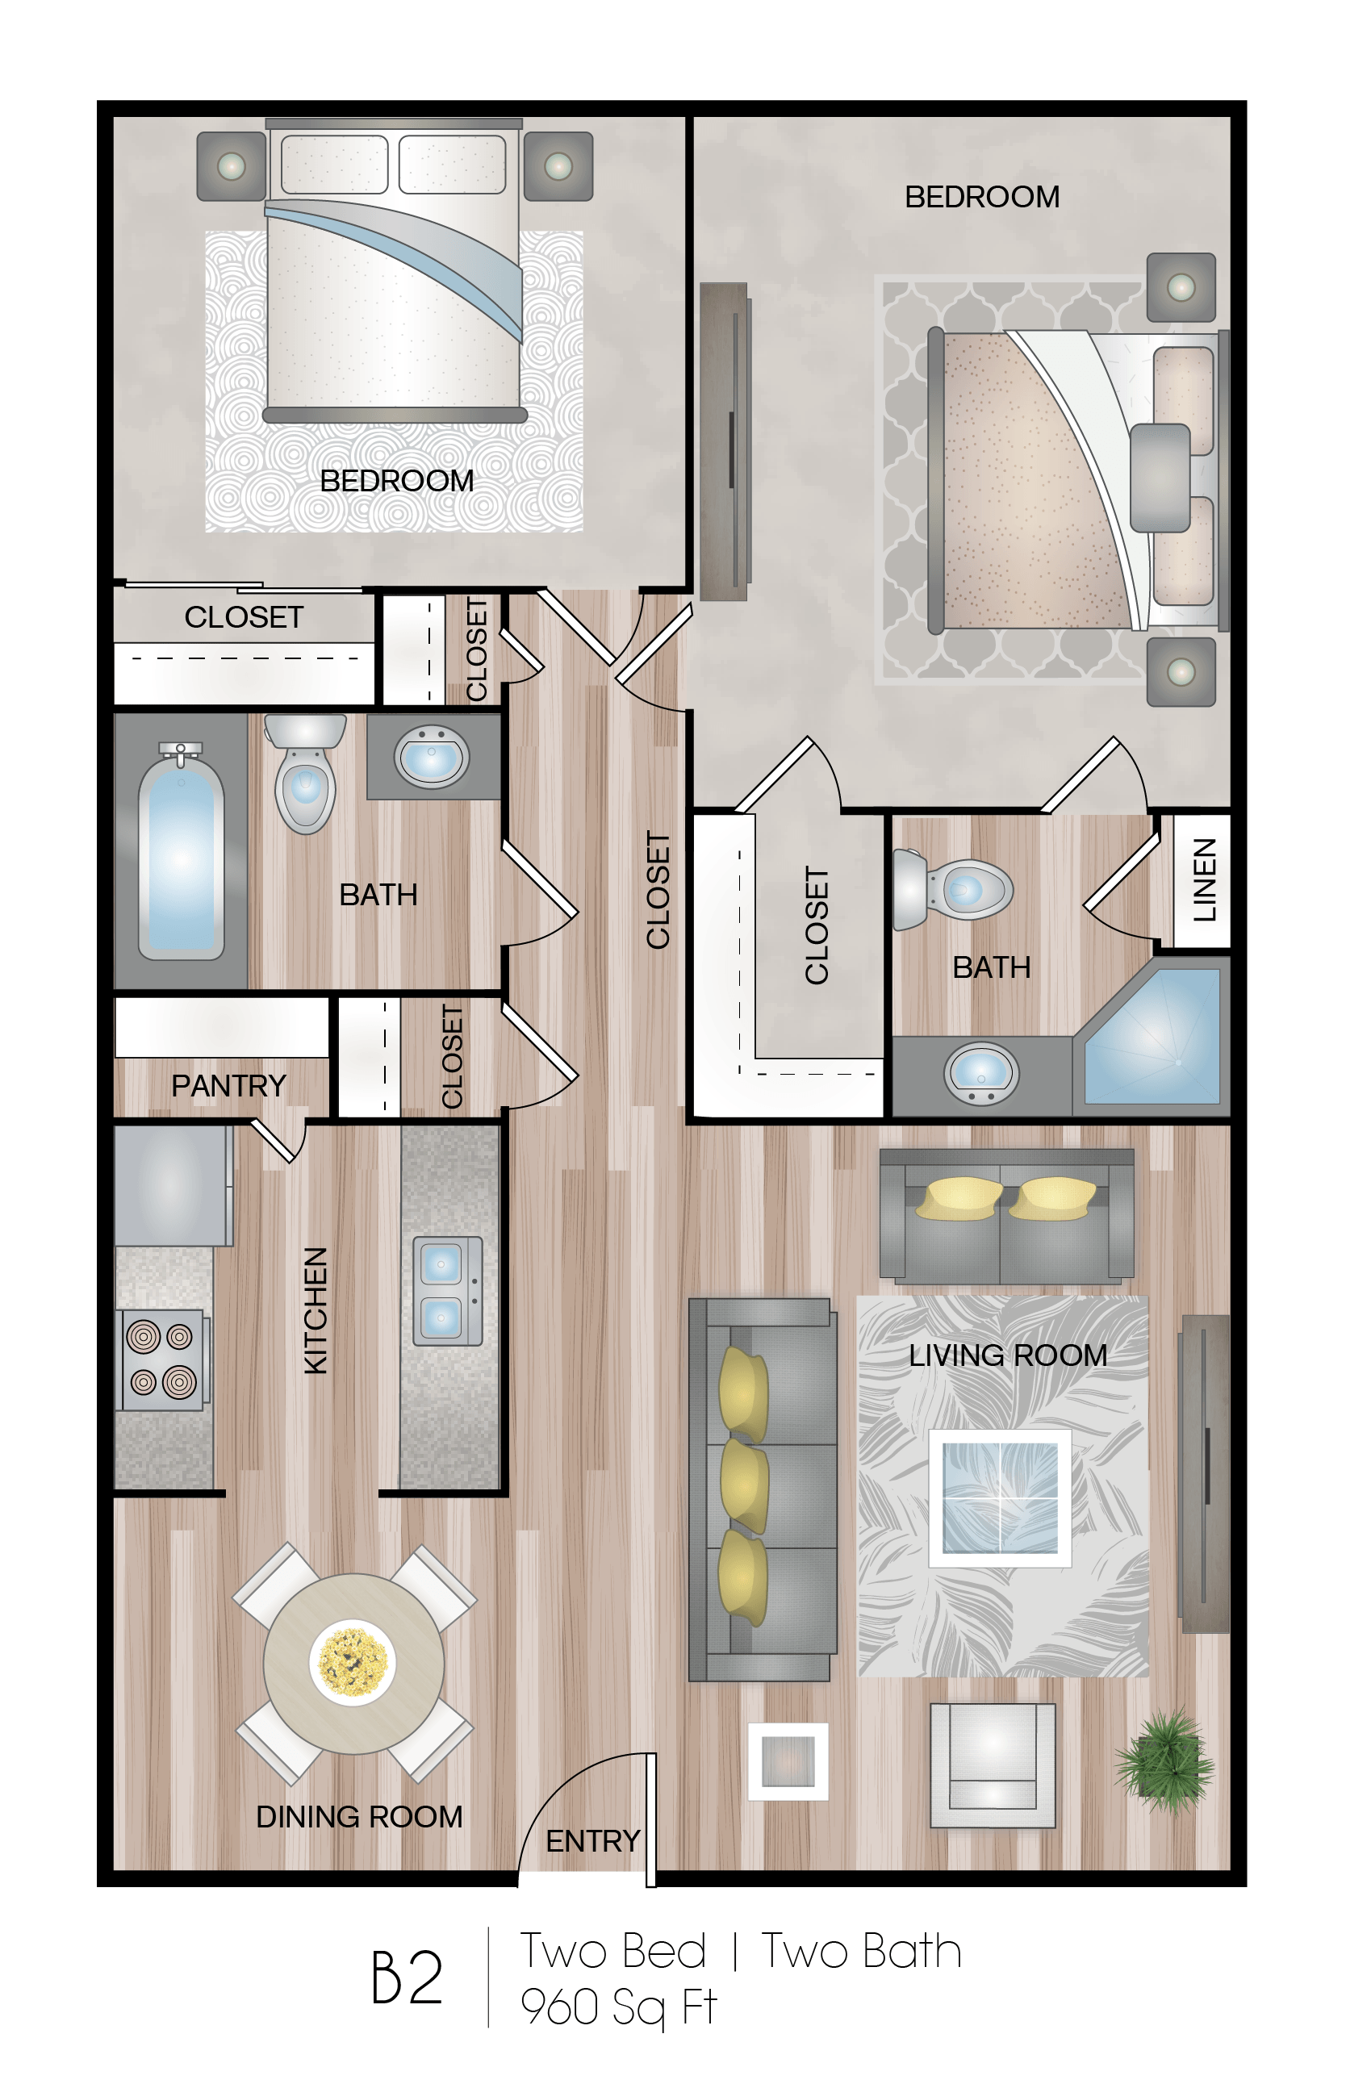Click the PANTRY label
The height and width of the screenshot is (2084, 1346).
click(228, 1085)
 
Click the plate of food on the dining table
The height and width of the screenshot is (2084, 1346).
click(352, 1662)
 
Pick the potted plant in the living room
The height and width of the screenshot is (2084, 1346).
click(1164, 1761)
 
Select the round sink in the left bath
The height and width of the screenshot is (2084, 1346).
click(432, 757)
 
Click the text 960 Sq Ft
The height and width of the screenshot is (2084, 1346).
click(618, 2007)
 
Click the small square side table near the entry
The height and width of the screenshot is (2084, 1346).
click(788, 1760)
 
